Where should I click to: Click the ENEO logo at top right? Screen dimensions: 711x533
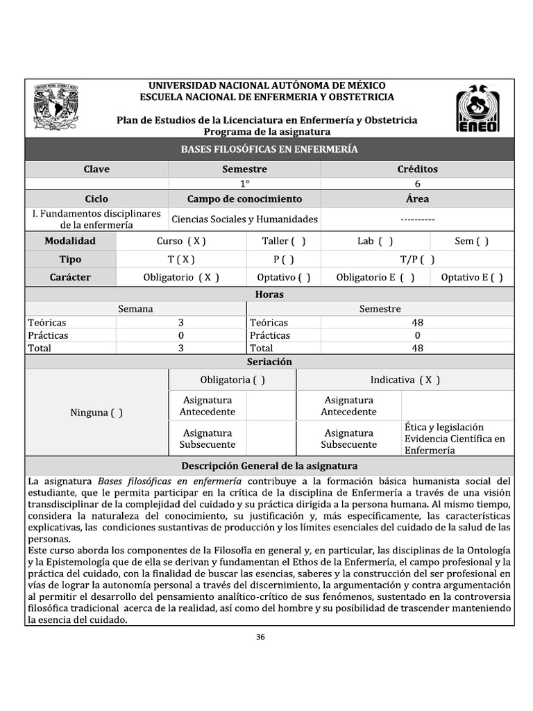[x=477, y=108]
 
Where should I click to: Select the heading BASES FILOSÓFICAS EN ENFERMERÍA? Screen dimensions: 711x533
[x=269, y=149]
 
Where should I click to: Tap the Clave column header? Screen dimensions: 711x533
[x=96, y=169]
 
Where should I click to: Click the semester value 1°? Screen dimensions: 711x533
[x=244, y=184]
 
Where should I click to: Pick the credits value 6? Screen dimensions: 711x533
[x=417, y=184]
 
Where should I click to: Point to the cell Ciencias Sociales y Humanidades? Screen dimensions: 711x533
[x=244, y=219]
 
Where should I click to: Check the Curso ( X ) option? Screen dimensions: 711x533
[x=181, y=241]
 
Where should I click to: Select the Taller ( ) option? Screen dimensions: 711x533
[x=283, y=241]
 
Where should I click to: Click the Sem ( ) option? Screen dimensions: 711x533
[x=471, y=241]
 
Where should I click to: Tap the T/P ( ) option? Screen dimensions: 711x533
[x=417, y=260]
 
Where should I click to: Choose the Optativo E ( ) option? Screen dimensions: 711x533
[x=472, y=277]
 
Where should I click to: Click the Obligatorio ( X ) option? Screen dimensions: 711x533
[x=181, y=277]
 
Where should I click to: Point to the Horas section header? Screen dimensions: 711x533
[x=269, y=294]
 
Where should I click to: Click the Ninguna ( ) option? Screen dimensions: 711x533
[x=96, y=412]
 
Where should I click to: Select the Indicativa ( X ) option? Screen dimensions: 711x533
[x=405, y=380]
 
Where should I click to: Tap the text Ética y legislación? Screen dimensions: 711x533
[x=444, y=427]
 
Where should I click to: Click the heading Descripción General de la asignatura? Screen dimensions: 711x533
[x=269, y=466]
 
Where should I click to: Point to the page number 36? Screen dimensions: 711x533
[x=261, y=637]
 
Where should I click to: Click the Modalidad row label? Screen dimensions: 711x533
[x=70, y=241]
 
